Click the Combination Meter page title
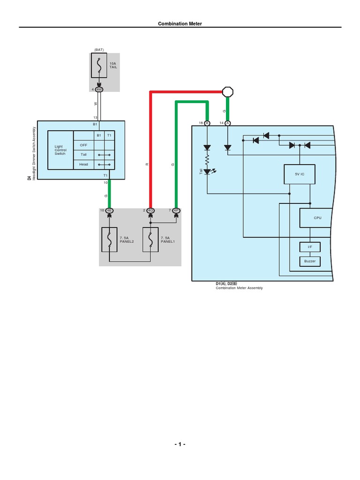tap(180, 23)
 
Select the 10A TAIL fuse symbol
tap(99, 66)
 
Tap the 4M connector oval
tap(99, 89)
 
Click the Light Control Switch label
tap(60, 150)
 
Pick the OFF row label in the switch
tap(83, 145)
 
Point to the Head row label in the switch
tap(83, 165)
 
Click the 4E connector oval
tap(109, 210)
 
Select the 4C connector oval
tap(150, 210)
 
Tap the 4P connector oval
tap(176, 210)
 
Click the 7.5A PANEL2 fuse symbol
tap(109, 240)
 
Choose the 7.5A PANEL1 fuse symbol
tap(150, 240)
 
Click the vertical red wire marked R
tap(150, 150)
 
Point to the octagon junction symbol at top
tap(227, 91)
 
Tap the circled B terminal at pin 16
tap(207, 123)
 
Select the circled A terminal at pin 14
tap(228, 123)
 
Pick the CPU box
tap(318, 218)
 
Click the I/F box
tap(310, 247)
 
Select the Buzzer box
tap(310, 261)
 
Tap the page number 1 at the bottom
tap(180, 444)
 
